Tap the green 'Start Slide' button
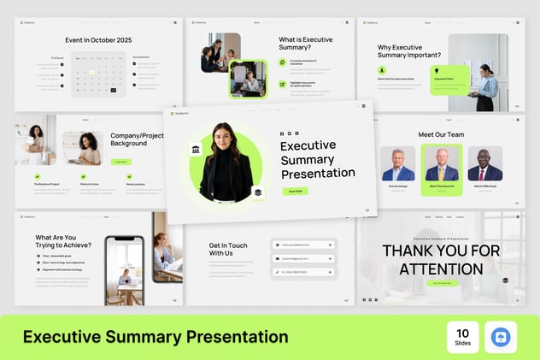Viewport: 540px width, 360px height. (x=295, y=192)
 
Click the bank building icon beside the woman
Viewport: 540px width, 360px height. (x=196, y=150)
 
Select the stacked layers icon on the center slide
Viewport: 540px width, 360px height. (x=257, y=193)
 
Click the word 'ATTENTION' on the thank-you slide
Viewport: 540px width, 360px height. (x=440, y=269)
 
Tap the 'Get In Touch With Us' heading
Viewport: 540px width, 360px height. (x=227, y=249)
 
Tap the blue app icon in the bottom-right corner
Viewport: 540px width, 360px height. (x=501, y=337)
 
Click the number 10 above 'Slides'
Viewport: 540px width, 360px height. (x=462, y=332)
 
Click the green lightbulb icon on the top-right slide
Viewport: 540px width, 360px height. (x=437, y=70)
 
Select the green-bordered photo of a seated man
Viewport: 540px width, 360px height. (x=248, y=79)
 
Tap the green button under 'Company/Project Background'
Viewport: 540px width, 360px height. (x=120, y=161)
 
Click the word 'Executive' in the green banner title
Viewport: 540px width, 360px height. (x=60, y=337)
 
